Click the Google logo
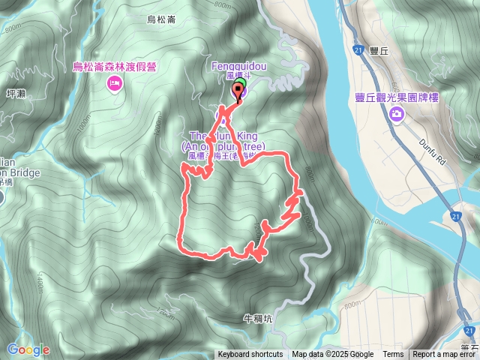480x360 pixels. (28, 349)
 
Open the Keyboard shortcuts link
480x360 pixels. (250, 355)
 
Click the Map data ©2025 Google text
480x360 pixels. (332, 355)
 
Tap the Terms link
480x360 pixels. (393, 355)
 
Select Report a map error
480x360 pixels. (445, 355)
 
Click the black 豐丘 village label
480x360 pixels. (379, 52)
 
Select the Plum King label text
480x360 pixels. (221, 135)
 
